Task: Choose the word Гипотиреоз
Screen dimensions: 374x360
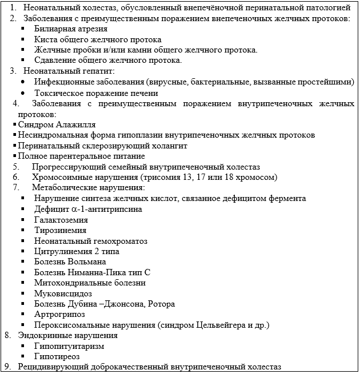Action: click(x=56, y=356)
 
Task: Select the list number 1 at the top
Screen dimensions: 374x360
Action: click(x=13, y=8)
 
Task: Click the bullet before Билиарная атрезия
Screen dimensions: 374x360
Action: click(x=22, y=29)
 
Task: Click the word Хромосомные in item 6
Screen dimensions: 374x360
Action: click(x=56, y=178)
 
